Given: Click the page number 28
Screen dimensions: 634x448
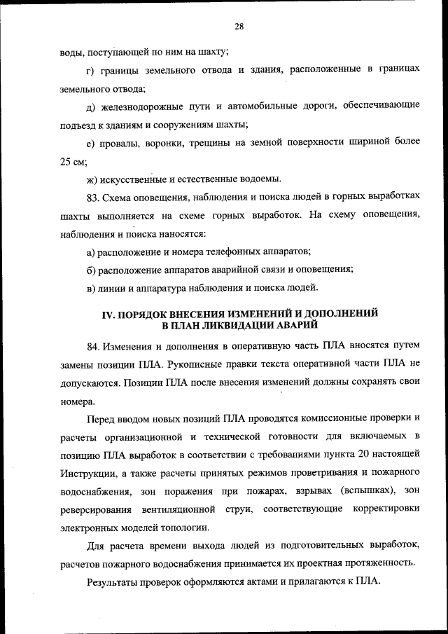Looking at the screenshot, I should [239, 26].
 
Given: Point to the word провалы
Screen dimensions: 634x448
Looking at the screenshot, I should [119, 142].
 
